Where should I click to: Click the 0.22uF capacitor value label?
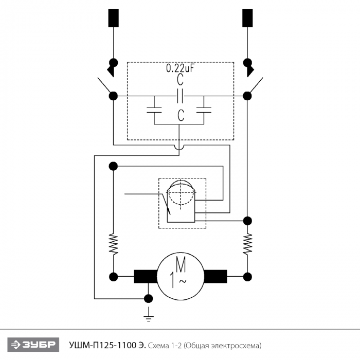(180, 68)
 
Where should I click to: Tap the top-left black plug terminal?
(114, 18)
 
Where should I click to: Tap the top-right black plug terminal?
(247, 18)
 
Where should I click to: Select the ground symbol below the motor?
(149, 314)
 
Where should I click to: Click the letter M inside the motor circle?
(181, 264)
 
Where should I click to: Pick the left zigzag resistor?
(114, 244)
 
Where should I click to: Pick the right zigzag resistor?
(247, 244)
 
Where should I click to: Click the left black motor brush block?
(146, 277)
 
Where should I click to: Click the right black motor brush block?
(215, 277)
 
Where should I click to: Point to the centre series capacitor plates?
(180, 96)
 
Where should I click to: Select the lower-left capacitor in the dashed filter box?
(154, 110)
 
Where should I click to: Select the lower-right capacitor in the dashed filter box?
(204, 110)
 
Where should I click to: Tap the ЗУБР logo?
(33, 345)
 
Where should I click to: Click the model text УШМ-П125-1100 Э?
(107, 345)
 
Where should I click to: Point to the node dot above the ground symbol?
(149, 299)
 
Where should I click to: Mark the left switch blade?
(105, 86)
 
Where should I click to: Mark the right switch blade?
(255, 86)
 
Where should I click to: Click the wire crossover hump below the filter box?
(179, 147)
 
